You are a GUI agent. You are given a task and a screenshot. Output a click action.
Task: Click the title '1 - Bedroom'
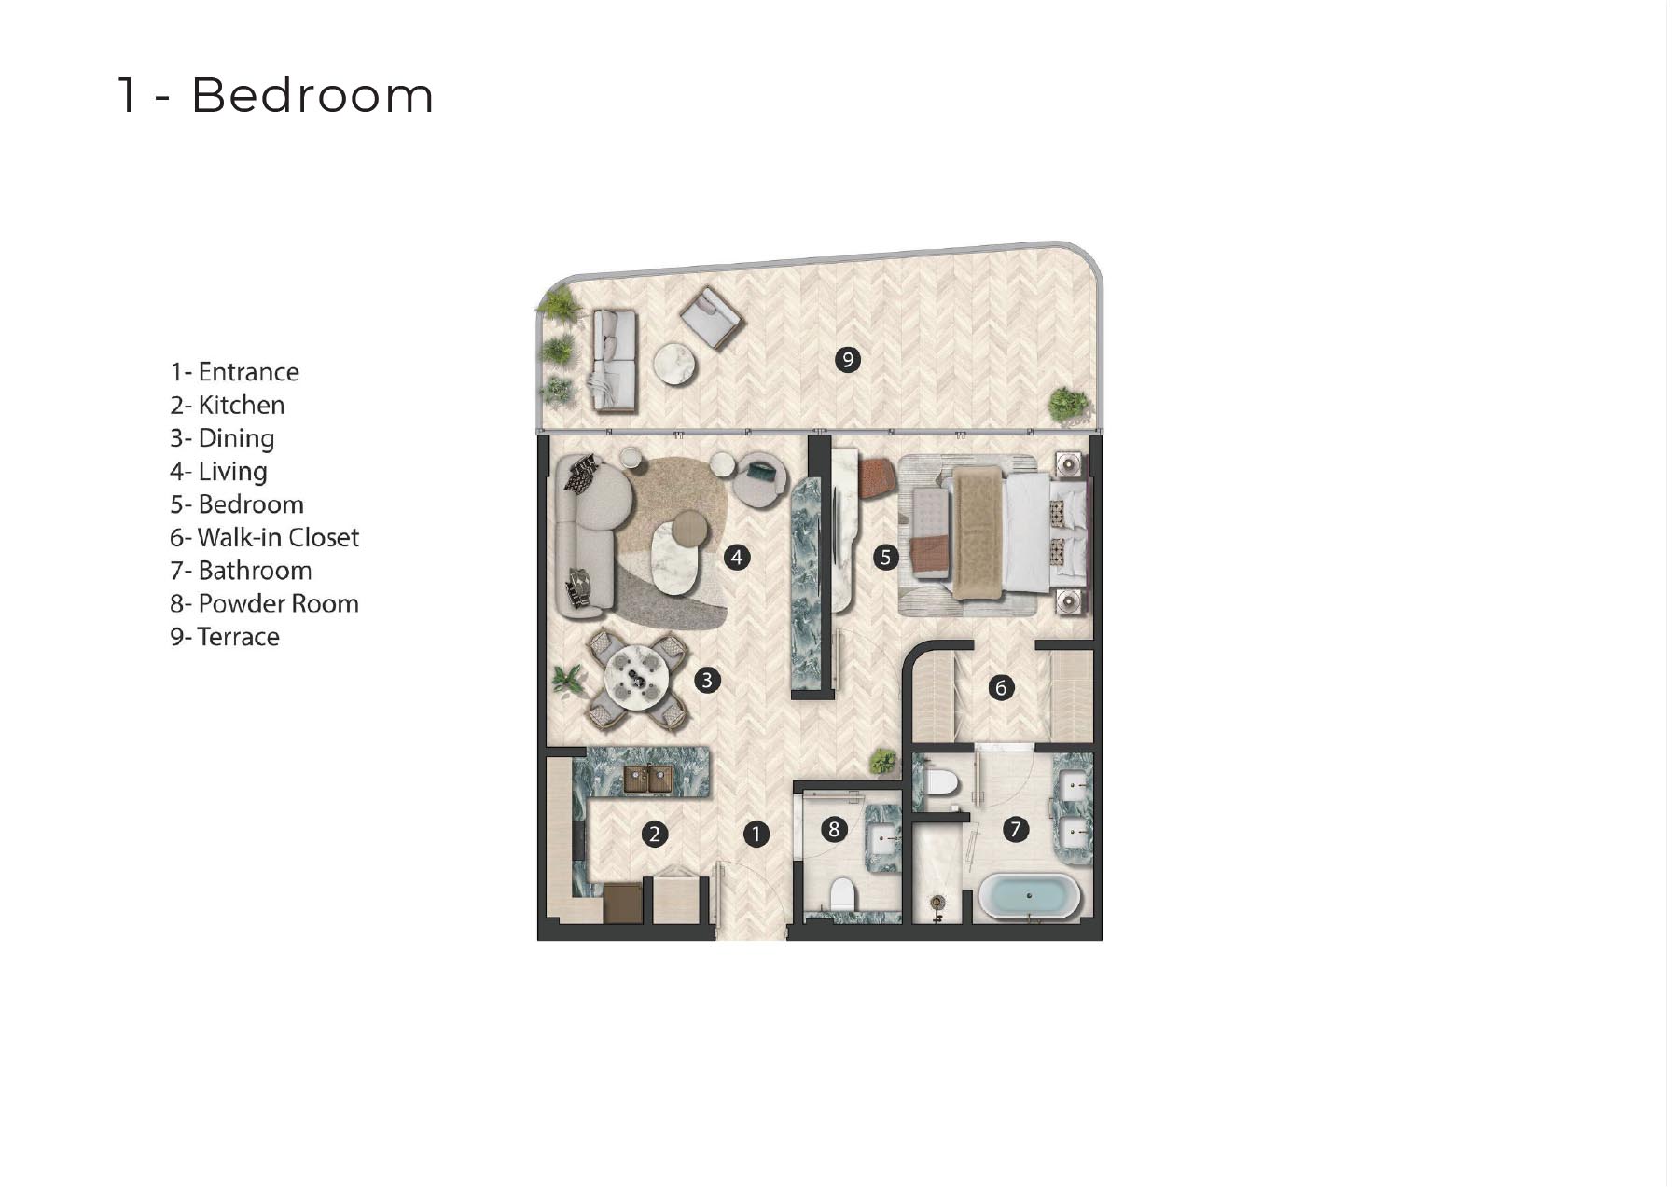click(275, 95)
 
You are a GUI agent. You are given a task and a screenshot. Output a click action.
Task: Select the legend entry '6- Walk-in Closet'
click(264, 537)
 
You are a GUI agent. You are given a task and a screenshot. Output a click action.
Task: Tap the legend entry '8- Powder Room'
click(264, 603)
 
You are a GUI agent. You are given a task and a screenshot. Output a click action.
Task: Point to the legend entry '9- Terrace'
click(225, 637)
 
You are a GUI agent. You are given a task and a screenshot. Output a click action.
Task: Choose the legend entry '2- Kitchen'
click(228, 405)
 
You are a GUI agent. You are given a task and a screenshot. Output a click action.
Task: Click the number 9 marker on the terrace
click(847, 359)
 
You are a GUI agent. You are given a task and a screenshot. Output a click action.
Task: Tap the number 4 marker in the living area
click(737, 558)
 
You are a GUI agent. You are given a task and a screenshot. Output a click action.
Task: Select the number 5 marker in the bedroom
click(885, 558)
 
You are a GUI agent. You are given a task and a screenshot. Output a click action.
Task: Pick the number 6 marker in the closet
click(1001, 688)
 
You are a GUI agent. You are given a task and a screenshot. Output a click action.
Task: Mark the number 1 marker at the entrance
click(756, 835)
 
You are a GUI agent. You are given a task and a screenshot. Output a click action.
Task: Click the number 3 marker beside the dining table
click(707, 680)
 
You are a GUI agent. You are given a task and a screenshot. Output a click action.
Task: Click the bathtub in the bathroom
click(1029, 897)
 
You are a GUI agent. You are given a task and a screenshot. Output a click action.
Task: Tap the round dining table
click(635, 679)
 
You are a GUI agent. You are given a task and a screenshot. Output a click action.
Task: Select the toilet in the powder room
click(843, 894)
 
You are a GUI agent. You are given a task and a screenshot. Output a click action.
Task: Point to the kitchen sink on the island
click(647, 779)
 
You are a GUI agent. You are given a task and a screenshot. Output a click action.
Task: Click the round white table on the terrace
click(674, 364)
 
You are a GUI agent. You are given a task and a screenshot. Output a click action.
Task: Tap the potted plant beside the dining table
click(567, 679)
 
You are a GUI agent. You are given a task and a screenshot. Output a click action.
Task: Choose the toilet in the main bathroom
click(939, 781)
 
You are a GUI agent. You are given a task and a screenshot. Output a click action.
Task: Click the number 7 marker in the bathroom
click(1015, 828)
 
